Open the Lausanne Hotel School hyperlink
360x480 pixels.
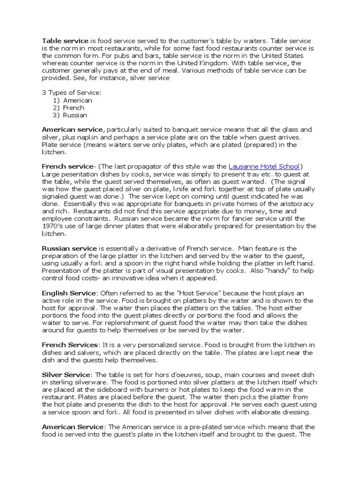264,166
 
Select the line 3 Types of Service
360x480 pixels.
72,93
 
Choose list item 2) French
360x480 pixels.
69,108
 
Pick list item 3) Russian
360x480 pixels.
70,115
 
